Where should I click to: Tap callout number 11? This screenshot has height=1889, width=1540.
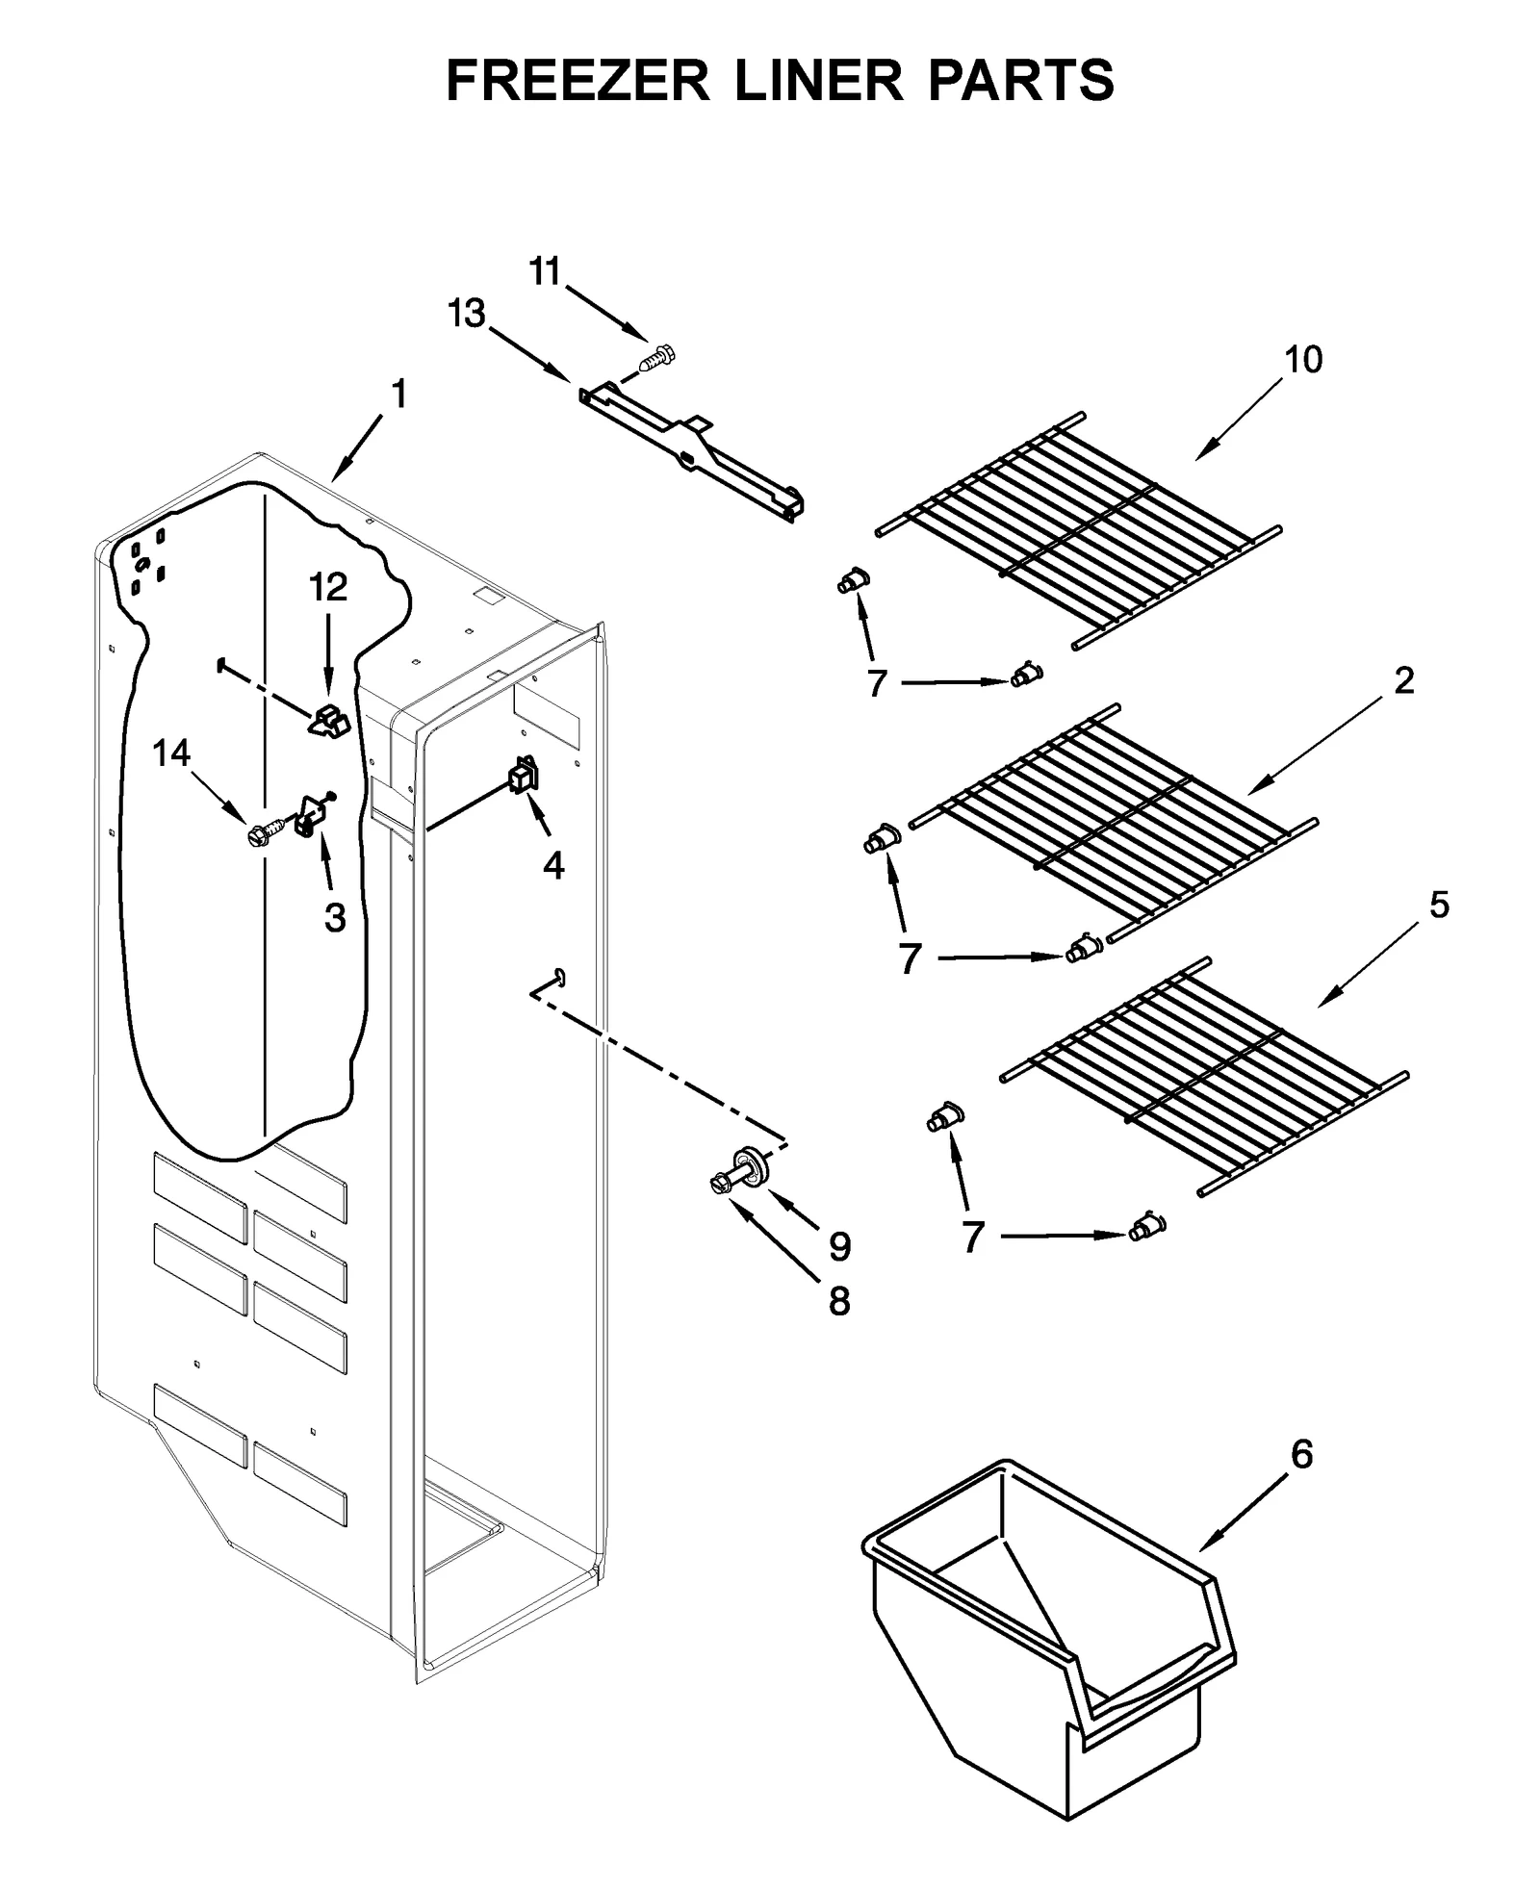(x=545, y=272)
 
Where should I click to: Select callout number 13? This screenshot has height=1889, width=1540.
(x=468, y=314)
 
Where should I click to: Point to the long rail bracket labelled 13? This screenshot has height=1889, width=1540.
(x=693, y=450)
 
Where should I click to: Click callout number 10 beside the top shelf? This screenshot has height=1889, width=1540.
(x=1303, y=359)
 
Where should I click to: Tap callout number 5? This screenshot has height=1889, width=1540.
(x=1438, y=906)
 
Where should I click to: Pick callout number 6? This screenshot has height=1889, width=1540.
(x=1300, y=1455)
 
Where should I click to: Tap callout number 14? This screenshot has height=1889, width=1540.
(x=171, y=753)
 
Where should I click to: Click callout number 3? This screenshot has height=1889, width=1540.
(x=334, y=918)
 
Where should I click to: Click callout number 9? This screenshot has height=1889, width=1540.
(x=839, y=1247)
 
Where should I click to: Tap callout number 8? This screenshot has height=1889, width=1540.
(x=839, y=1302)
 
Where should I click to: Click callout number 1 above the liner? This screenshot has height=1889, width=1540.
(x=398, y=394)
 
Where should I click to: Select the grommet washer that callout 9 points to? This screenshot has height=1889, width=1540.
(x=748, y=1163)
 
